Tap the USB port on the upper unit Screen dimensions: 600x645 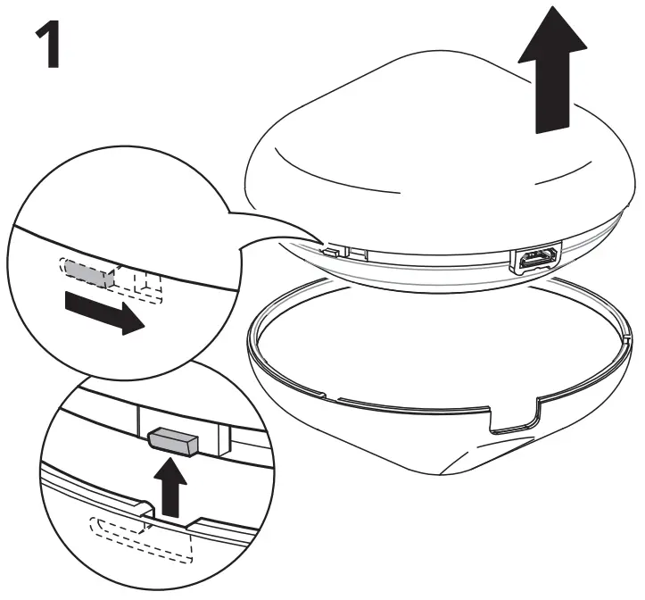(534, 261)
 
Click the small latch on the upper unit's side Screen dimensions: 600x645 (333, 251)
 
